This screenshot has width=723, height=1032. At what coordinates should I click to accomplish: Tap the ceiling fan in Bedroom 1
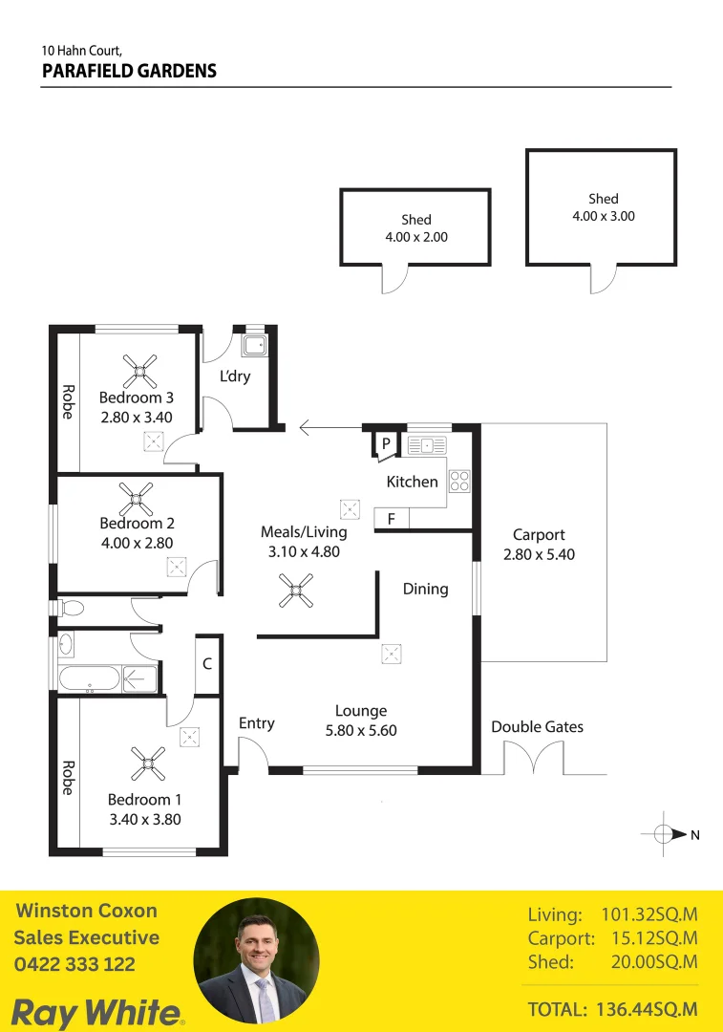pos(148,763)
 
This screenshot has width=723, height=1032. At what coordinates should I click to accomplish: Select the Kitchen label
pos(412,482)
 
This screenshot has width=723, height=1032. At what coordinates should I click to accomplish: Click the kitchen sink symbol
pos(427,444)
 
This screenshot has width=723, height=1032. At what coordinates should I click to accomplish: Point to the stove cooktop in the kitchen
pos(460,481)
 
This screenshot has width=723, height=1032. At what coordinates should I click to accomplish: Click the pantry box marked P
pos(386,443)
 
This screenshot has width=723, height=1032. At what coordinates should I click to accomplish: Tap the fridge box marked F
pos(391,519)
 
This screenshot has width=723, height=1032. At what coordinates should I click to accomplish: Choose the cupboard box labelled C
pos(207,663)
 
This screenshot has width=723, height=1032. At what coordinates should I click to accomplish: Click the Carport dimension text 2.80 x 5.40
pos(539,554)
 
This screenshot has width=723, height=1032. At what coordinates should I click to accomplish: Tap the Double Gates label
pos(537,727)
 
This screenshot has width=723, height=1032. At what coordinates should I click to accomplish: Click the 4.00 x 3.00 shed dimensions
pos(603,216)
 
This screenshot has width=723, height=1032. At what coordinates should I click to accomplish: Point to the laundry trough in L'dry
pos(255,344)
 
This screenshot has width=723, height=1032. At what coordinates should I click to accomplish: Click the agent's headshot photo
pos(256,960)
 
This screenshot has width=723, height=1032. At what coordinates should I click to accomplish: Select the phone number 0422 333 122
pos(74,965)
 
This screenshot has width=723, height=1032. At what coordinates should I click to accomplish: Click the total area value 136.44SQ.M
pos(647,1009)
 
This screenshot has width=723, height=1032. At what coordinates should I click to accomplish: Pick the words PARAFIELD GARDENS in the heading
pos(129,71)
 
